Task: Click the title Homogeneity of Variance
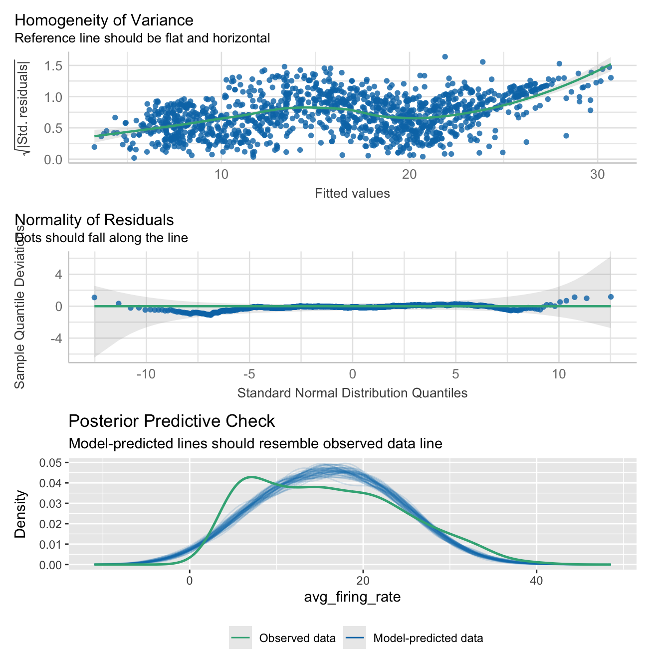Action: tap(104, 20)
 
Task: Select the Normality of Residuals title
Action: tap(95, 220)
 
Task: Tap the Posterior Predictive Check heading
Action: tap(171, 421)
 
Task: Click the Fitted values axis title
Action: tap(352, 193)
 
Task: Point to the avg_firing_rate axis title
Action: tap(352, 597)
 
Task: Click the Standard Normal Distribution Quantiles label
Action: tap(352, 393)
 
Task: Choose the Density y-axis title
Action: tap(20, 514)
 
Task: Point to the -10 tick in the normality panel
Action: tap(146, 373)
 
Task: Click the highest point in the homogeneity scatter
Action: tap(445, 57)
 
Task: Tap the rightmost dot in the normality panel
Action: tap(611, 297)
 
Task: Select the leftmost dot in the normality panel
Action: tap(94, 297)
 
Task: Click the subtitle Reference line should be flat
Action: tap(142, 38)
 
